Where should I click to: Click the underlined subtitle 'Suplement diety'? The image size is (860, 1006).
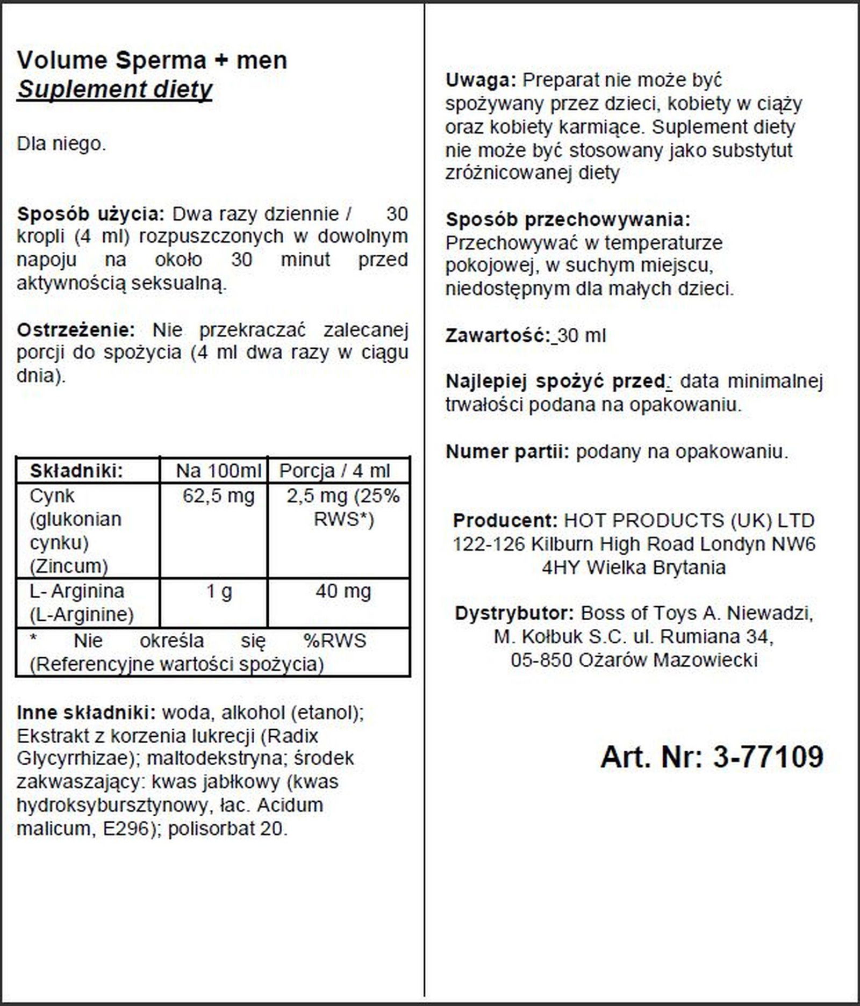pos(114,90)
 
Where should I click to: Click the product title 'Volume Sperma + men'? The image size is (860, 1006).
pos(152,60)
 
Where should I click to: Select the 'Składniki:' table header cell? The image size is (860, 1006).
pos(76,471)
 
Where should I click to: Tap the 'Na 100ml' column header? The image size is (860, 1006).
pos(218,471)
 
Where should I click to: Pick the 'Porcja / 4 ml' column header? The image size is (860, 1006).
pos(335,471)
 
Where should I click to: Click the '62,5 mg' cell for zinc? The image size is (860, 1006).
pos(218,495)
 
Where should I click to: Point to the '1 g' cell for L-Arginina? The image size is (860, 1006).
pos(219,591)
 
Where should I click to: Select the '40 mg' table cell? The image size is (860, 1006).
pos(343,591)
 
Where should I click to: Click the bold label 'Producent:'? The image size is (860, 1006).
pos(505,520)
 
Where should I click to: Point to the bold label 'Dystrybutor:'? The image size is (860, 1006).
pos(514,613)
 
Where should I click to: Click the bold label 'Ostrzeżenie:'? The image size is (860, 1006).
pos(76,329)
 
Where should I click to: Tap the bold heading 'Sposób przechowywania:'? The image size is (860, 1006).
pos(568,220)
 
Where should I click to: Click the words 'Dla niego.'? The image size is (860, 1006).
pos(61,144)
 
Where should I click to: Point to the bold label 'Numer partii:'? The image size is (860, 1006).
pos(507,452)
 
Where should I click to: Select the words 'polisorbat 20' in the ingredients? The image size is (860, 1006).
pos(227,828)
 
